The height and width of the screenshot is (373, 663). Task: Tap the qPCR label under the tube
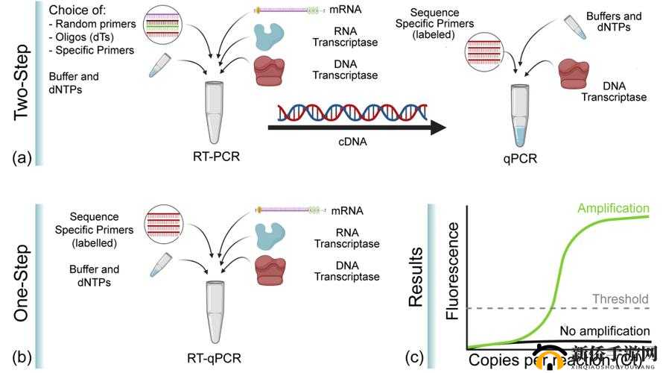point(520,158)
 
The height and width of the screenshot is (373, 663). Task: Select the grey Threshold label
point(620,299)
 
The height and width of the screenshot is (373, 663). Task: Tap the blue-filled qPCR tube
point(519,116)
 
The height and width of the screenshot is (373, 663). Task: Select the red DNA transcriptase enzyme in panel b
point(270,269)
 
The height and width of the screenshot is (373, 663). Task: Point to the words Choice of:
point(77,11)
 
